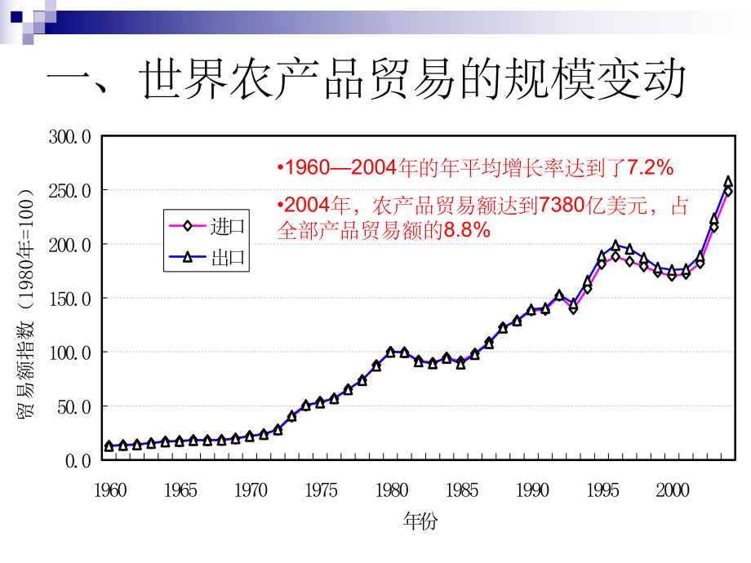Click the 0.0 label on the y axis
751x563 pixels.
tap(80, 460)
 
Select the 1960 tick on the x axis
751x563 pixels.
tap(110, 490)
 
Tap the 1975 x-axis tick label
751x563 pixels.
tap(322, 490)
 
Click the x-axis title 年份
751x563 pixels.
tap(420, 521)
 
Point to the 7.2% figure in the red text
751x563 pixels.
tap(650, 168)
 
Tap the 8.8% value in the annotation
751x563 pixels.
tap(467, 231)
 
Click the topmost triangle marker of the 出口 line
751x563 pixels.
tap(728, 182)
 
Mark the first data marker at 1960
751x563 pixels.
tap(109, 446)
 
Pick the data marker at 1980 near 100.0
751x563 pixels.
tap(390, 352)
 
